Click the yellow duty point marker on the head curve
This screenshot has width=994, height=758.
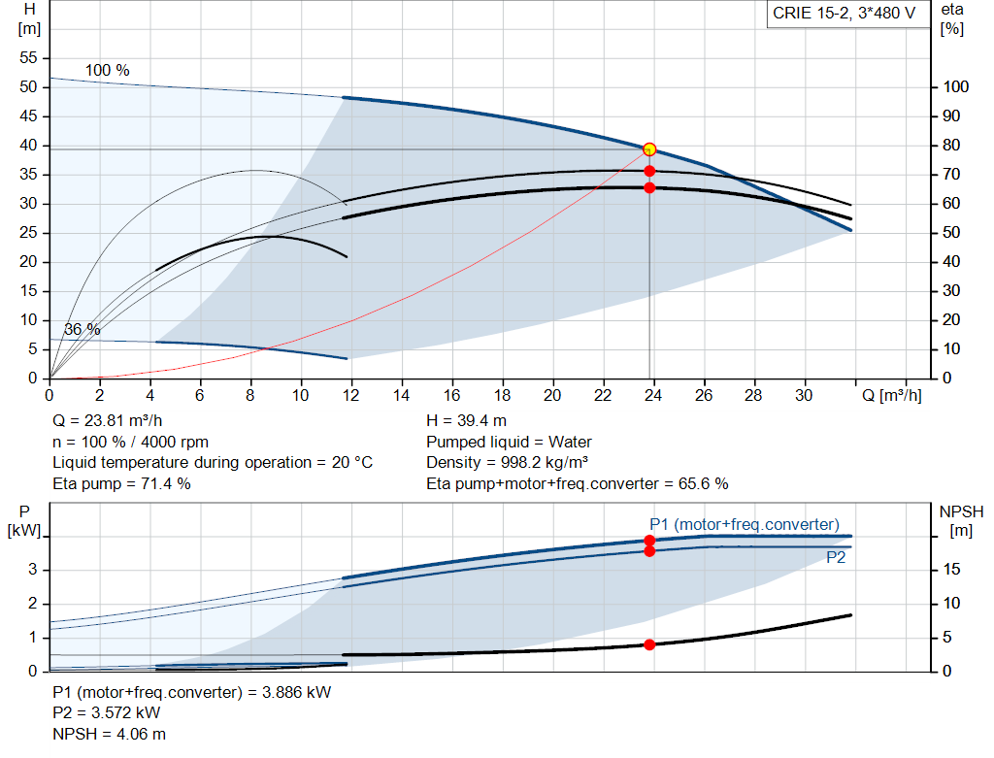click(x=649, y=149)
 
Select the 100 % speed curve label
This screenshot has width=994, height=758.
click(x=107, y=70)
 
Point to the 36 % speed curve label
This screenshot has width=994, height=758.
click(x=82, y=329)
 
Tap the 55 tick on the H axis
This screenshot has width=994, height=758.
click(x=28, y=57)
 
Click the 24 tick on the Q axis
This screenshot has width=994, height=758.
click(x=653, y=395)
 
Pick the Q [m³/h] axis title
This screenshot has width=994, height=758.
click(x=891, y=395)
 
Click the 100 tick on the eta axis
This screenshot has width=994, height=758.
click(x=955, y=86)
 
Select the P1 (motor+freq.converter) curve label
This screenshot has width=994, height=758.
click(x=745, y=524)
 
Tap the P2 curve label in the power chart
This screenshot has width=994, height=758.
click(x=836, y=557)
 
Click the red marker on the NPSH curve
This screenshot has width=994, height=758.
click(x=649, y=644)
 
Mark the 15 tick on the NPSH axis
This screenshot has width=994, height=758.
click(x=951, y=569)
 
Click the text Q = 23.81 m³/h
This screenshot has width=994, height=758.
click(x=107, y=420)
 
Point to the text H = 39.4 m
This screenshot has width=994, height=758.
click(x=466, y=420)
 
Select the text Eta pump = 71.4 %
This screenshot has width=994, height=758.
click(x=121, y=483)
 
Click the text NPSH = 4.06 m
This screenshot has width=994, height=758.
click(x=109, y=734)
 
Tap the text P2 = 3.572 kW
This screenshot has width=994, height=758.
click(x=106, y=712)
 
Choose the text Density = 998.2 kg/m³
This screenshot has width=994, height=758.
click(x=507, y=462)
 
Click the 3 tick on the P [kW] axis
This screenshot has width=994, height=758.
click(x=33, y=569)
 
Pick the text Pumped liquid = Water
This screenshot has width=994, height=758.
click(x=509, y=441)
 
